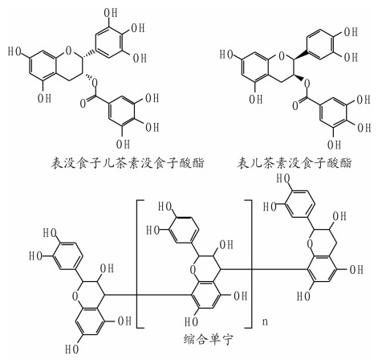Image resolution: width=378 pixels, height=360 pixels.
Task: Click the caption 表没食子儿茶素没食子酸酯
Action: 128,162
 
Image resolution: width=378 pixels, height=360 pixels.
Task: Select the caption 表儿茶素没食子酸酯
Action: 295,162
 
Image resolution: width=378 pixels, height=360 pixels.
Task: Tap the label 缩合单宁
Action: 209,340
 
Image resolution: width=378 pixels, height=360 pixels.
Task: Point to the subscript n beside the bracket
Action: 265,321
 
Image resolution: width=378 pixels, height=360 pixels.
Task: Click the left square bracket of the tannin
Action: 137,264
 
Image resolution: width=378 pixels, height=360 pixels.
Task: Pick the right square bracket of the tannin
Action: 251,264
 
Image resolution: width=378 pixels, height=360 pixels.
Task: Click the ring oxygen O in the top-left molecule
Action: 69,51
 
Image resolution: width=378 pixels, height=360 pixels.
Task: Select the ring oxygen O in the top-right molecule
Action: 281,55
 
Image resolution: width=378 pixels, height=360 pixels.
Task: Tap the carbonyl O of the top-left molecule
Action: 83,103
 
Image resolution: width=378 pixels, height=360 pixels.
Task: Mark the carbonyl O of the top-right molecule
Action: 295,105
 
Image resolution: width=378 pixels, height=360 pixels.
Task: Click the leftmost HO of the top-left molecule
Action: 14,51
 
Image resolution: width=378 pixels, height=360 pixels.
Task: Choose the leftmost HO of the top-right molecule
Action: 226,55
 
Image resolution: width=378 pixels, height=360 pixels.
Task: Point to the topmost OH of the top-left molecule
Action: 111,12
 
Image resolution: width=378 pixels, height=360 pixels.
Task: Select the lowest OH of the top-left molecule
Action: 123,145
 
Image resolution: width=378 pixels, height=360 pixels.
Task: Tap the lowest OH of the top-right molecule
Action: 335,145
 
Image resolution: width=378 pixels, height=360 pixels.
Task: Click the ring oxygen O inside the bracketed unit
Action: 193,270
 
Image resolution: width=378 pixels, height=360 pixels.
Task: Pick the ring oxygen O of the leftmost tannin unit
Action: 75,297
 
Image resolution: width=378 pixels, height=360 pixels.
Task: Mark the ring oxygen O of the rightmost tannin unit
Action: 310,244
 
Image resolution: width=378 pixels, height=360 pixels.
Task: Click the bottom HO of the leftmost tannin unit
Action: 72,349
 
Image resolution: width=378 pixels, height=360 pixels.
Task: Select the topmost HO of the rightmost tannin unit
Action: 283,178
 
